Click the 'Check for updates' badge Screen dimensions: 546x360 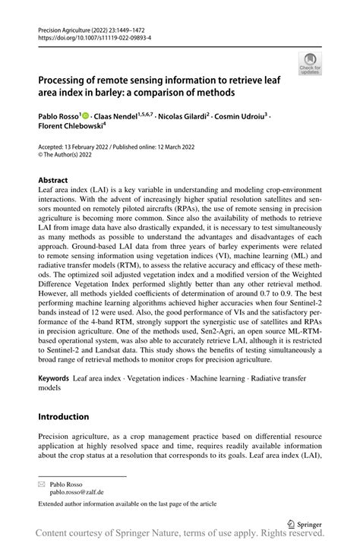[x=310, y=63]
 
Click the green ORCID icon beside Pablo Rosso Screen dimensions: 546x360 [x=86, y=115]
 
